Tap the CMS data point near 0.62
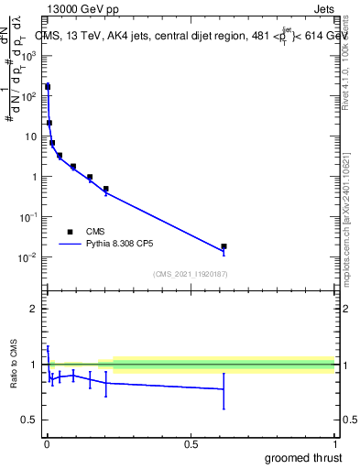coord(224,246)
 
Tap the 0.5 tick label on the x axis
coord(191,443)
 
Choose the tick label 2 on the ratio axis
coord(34,309)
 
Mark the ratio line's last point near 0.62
coord(224,389)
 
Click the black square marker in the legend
coord(70,231)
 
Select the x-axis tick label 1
coord(333,443)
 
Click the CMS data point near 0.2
coord(106,189)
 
